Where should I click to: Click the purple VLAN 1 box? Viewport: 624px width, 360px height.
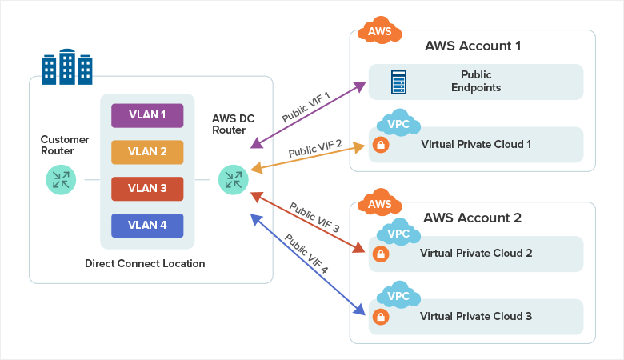[x=147, y=115]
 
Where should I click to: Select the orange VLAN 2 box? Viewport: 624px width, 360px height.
[x=147, y=152]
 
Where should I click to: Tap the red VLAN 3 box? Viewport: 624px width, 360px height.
[x=147, y=189]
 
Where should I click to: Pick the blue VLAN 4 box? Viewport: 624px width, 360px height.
[x=147, y=226]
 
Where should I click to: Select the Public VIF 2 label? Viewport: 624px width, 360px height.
[x=315, y=147]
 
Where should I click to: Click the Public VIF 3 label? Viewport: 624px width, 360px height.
[x=314, y=218]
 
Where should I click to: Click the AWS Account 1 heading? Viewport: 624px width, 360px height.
[x=472, y=46]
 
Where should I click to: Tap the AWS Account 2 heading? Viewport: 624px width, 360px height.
[x=472, y=218]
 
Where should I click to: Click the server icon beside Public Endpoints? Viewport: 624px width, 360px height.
[x=398, y=82]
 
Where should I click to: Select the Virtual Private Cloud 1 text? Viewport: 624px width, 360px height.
[x=476, y=145]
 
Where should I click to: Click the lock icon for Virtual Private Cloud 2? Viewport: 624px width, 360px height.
[x=381, y=254]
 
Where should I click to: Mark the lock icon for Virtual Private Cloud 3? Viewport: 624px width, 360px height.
[x=381, y=316]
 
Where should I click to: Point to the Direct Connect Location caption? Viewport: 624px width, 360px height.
[x=145, y=263]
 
